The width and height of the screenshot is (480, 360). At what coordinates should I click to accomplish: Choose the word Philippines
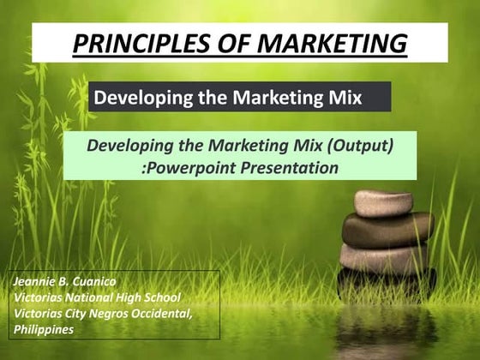point(44,330)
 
